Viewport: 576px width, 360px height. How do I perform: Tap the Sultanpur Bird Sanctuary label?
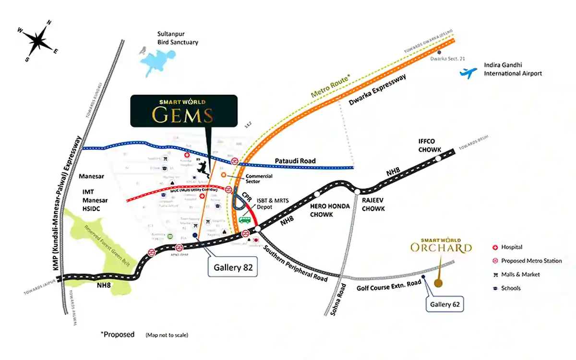(178, 38)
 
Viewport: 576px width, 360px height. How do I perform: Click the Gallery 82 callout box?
(233, 267)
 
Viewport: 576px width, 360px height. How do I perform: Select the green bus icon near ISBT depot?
(245, 220)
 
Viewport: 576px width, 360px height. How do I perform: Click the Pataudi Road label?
(295, 161)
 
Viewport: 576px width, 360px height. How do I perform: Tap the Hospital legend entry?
(511, 247)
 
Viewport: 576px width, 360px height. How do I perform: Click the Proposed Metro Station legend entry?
(530, 261)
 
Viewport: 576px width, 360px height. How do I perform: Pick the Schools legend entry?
(511, 288)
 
